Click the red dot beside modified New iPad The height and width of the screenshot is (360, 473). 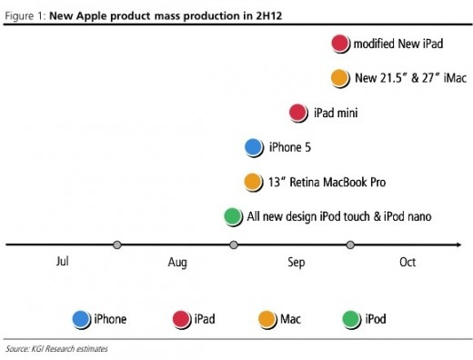pyautogui.click(x=340, y=43)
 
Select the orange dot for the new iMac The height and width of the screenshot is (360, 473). pyautogui.click(x=340, y=78)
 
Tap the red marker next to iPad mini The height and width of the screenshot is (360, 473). pyautogui.click(x=298, y=113)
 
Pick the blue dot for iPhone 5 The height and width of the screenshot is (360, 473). pyautogui.click(x=254, y=147)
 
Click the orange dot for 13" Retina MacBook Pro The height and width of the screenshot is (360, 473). pyautogui.click(x=254, y=182)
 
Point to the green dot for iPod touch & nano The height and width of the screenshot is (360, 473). pyautogui.click(x=233, y=216)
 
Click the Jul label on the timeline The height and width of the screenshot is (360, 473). pyautogui.click(x=62, y=263)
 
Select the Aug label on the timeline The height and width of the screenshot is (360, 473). pyautogui.click(x=176, y=263)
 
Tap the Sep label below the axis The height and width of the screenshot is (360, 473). pyautogui.click(x=297, y=263)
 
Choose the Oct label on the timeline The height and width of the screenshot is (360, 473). pyautogui.click(x=407, y=263)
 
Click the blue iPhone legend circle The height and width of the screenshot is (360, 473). pyautogui.click(x=82, y=318)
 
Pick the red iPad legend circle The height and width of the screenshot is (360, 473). pyautogui.click(x=181, y=318)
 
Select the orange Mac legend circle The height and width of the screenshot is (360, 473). pyautogui.click(x=267, y=318)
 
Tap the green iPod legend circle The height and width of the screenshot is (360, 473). pyautogui.click(x=350, y=318)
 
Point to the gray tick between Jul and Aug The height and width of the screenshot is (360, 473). pyautogui.click(x=117, y=245)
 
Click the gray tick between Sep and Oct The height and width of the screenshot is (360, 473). pyautogui.click(x=350, y=245)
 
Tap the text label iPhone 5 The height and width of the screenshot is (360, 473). pyautogui.click(x=289, y=147)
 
